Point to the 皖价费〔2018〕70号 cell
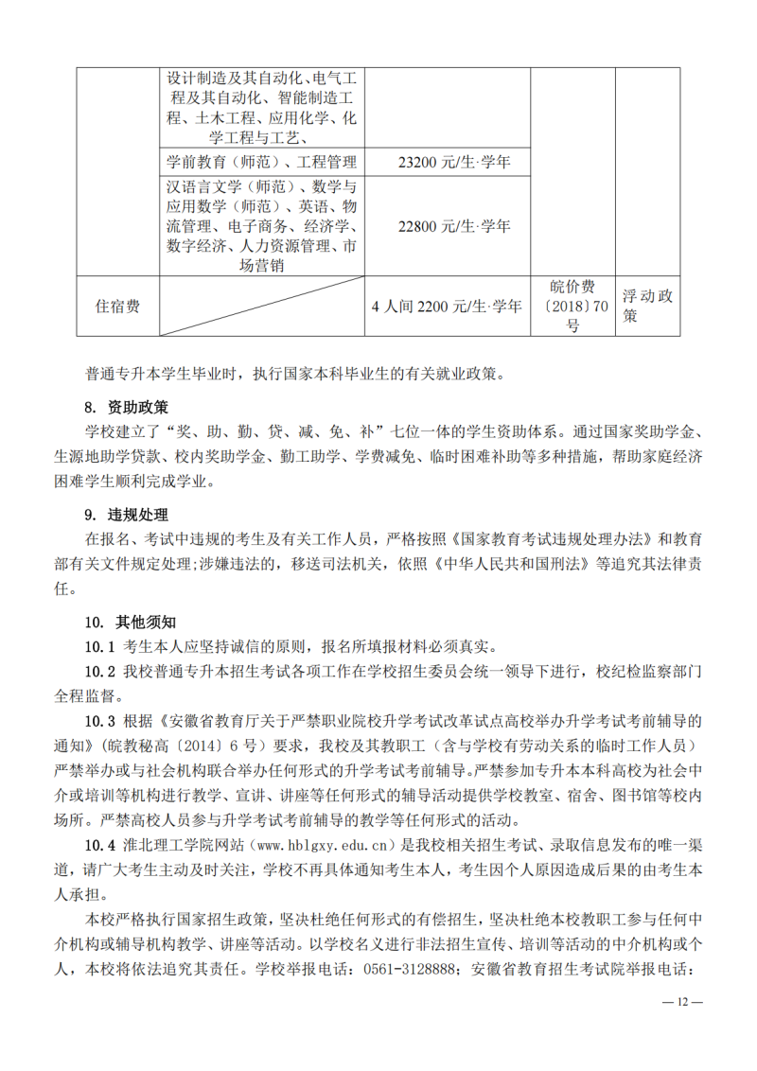tap(573, 306)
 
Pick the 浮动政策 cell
tap(648, 306)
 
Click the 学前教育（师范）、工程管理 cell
tap(261, 163)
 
